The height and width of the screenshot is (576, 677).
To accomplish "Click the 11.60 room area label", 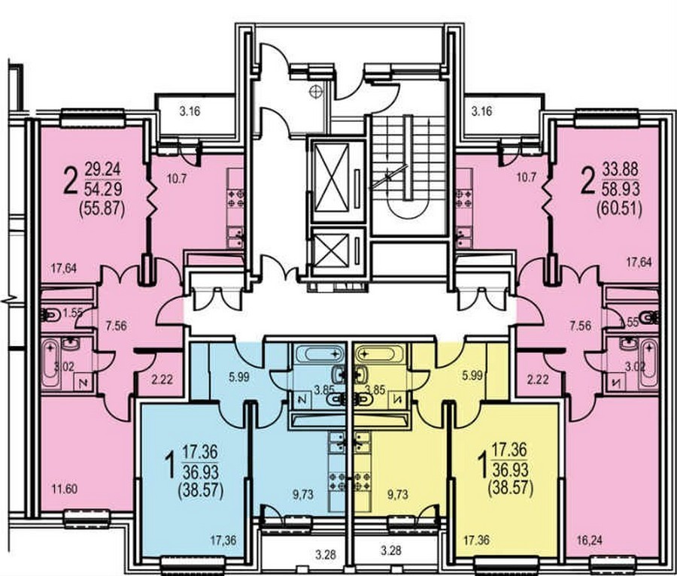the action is pos(65,490).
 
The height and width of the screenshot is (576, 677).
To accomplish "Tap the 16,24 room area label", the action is pos(589,541).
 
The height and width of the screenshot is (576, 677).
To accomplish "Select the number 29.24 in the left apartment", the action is pos(103,168).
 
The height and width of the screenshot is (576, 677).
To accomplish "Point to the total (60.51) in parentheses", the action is pos(619,210).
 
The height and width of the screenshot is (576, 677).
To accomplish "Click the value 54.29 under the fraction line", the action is pos(103,189).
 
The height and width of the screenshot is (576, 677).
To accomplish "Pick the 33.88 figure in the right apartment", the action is pos(621,169).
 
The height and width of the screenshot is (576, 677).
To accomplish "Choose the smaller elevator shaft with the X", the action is pos(331,251).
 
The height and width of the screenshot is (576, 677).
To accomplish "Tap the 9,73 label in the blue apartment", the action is pos(302,495).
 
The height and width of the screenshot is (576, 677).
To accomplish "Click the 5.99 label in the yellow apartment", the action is pos(472,376).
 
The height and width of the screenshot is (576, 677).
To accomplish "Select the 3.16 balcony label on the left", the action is pos(190,111).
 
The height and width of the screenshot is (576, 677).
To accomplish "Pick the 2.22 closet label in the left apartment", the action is pos(162,379).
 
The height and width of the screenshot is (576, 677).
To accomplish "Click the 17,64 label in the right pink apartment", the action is pos(639,262).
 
